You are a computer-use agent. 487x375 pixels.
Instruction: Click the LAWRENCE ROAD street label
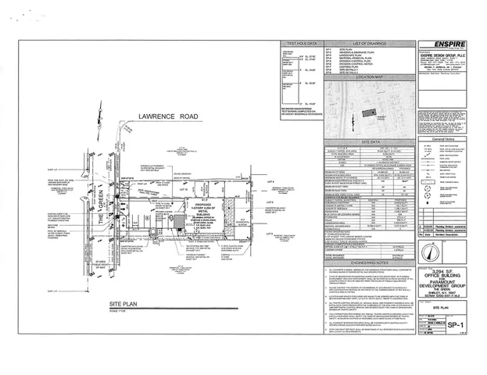click(x=167, y=115)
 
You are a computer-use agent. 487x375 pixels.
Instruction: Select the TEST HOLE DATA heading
click(x=302, y=45)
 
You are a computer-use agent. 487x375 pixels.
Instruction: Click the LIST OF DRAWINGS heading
click(x=371, y=45)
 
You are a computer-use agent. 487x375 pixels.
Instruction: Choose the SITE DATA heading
click(x=371, y=141)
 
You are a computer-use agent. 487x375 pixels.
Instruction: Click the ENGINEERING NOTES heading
click(x=371, y=264)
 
